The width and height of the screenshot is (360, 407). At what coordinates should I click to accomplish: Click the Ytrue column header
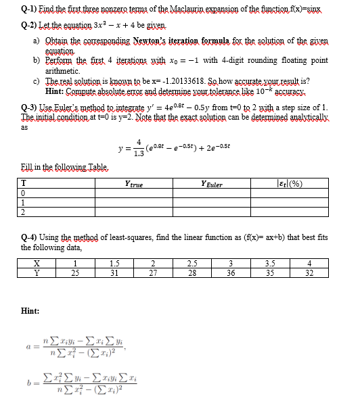coord(133,183)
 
